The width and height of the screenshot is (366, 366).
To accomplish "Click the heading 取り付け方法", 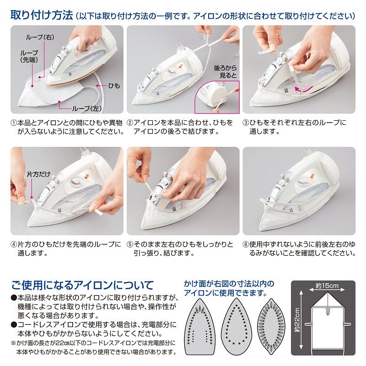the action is (x=42, y=16).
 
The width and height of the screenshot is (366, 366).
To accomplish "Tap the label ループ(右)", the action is (x=40, y=37).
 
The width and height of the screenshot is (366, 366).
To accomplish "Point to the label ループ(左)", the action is (x=87, y=108).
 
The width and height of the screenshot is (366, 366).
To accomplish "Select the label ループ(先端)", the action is (x=29, y=56).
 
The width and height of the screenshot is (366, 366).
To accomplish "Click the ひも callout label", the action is (x=114, y=86).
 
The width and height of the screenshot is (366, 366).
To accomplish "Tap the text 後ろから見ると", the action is (x=225, y=72).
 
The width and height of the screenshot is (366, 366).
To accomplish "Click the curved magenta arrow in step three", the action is (x=303, y=89).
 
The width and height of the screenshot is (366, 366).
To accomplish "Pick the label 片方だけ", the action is (x=38, y=174).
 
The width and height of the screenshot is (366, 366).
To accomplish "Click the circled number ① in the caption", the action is (x=14, y=123).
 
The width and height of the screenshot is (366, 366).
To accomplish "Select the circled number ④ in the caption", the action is (x=14, y=244).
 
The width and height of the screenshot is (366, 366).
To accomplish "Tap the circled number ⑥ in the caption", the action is (x=246, y=244).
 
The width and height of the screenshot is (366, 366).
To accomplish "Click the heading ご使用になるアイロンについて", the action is (x=82, y=285).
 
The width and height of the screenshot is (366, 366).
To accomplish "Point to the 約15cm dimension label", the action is (x=327, y=285).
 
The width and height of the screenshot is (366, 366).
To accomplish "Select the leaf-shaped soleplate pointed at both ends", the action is (x=271, y=327).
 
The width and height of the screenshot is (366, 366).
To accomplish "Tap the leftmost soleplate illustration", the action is (x=200, y=327).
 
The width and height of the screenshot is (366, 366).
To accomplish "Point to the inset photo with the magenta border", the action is (x=217, y=97).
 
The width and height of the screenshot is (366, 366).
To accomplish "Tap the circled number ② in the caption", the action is (x=130, y=123).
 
